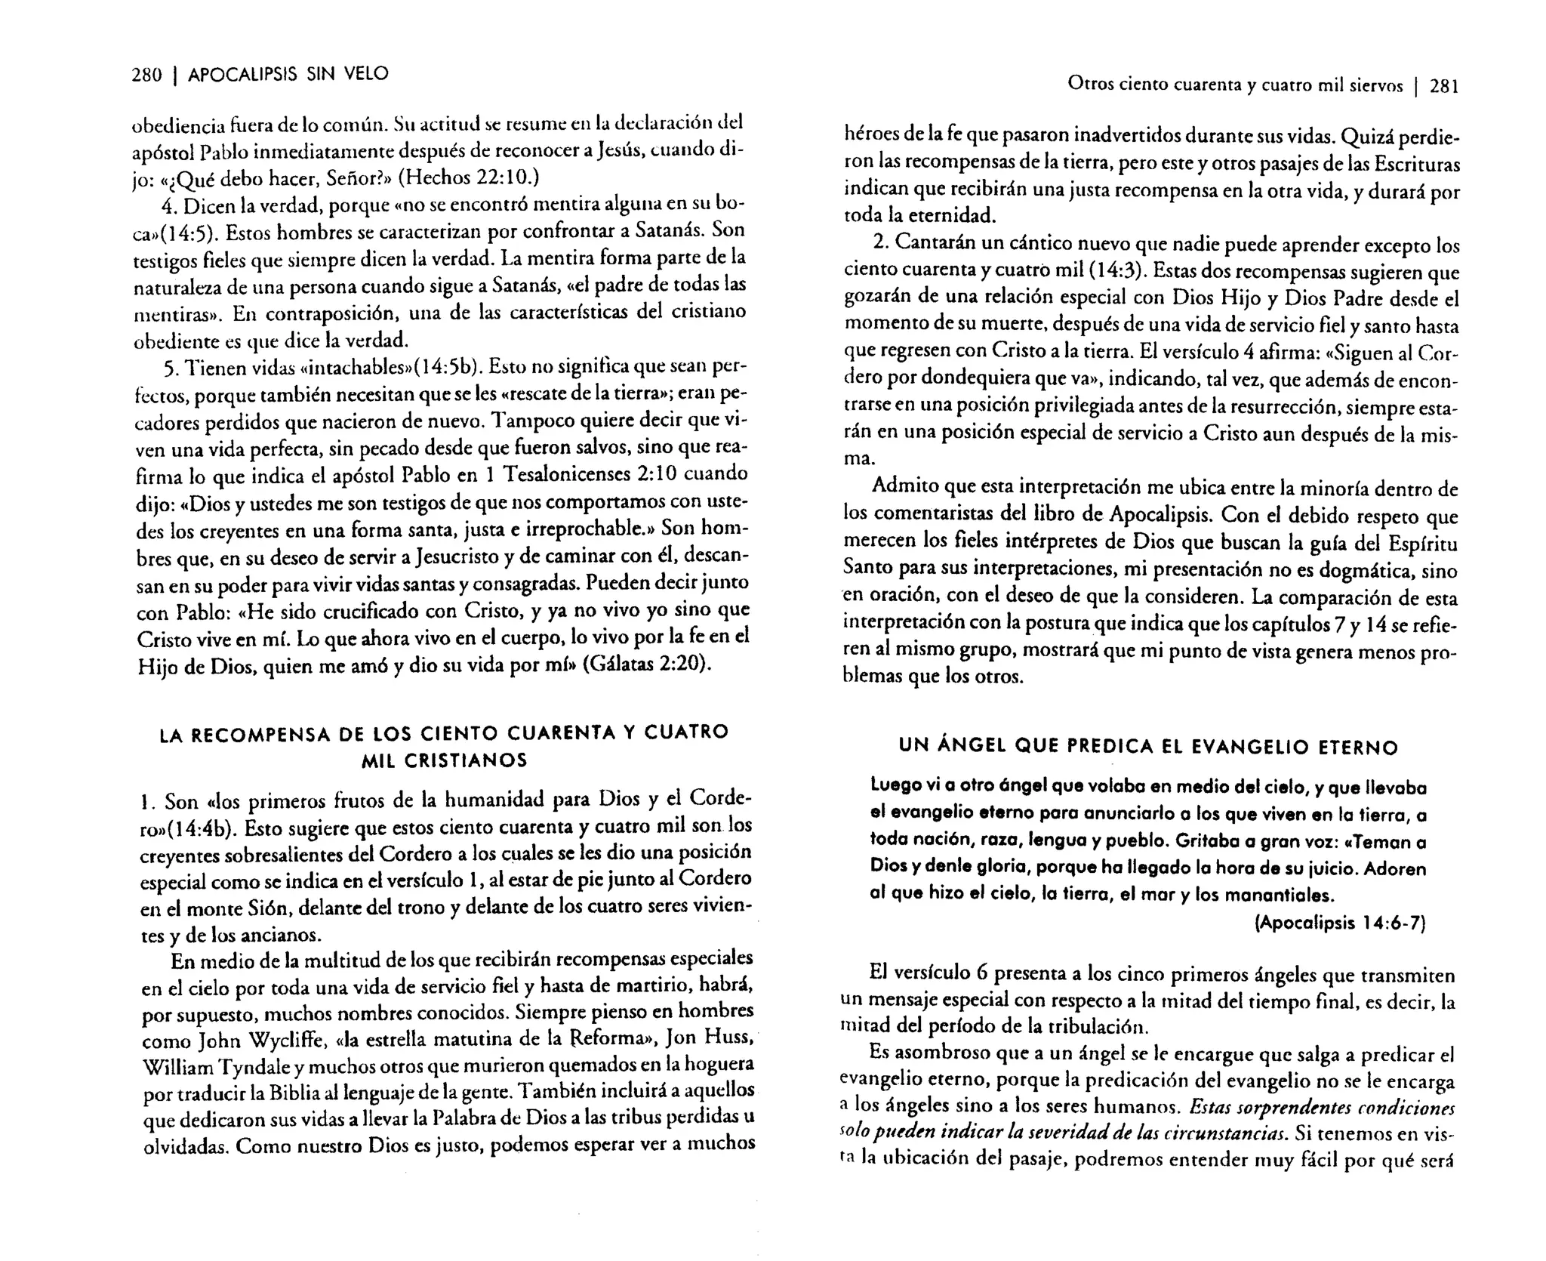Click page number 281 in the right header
tap(1443, 87)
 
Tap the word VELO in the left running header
tap(366, 74)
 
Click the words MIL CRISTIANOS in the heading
tap(444, 760)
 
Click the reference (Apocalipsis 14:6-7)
tap(1339, 923)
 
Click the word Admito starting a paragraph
tap(901, 488)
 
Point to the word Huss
tap(725, 1037)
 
